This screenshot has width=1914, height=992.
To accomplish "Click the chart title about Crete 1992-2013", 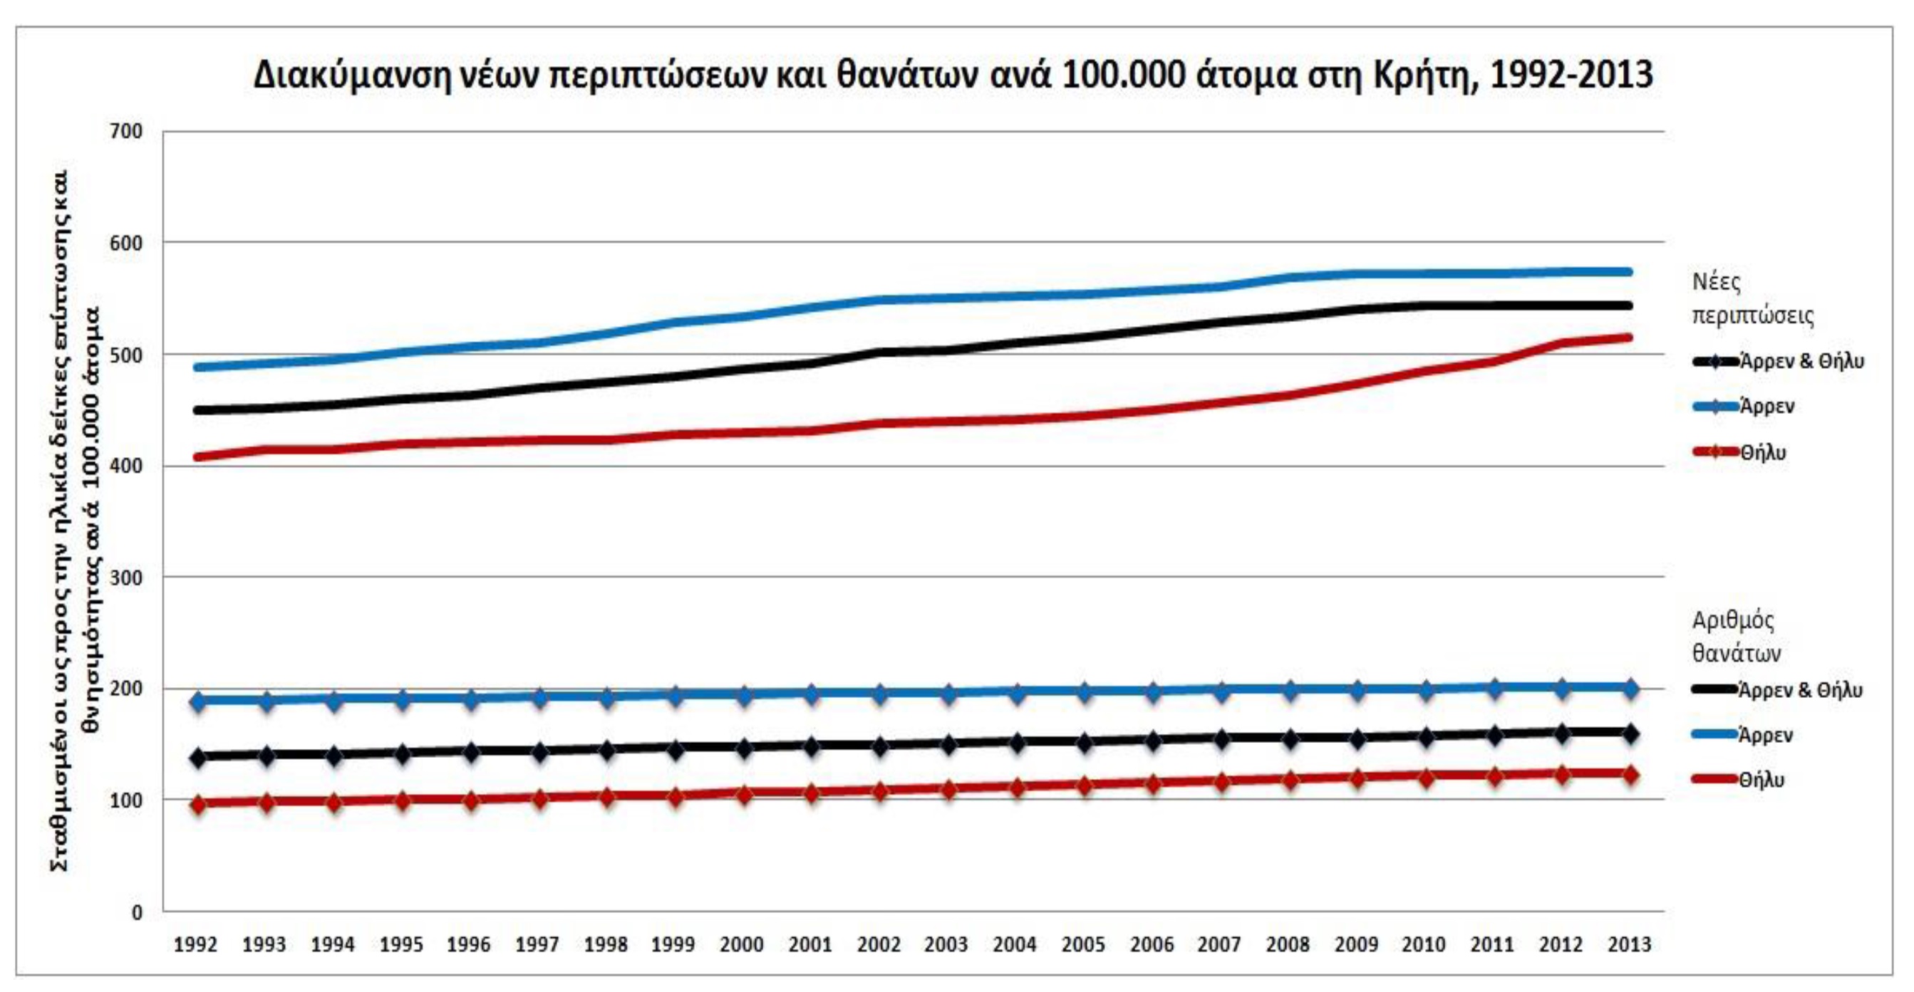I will tap(953, 75).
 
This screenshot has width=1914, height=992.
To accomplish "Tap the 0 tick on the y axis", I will tap(137, 912).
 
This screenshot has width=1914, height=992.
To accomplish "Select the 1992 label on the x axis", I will tap(195, 945).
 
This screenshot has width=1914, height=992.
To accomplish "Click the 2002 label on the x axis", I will tap(878, 945).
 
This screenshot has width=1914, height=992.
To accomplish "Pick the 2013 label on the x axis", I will tap(1630, 945).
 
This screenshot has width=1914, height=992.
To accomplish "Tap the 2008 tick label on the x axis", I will tap(1288, 945).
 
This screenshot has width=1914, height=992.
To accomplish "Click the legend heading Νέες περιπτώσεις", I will tap(1752, 298).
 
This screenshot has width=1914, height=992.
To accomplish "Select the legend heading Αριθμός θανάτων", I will tap(1737, 637).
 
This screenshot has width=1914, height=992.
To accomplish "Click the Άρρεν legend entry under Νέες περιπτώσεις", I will tap(1767, 406).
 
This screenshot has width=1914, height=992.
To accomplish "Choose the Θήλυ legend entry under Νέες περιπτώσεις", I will tap(1762, 452).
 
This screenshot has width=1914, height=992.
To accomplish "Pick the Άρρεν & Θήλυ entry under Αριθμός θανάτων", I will tap(1800, 691).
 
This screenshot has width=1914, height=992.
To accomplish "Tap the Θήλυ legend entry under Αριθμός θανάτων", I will tap(1761, 780).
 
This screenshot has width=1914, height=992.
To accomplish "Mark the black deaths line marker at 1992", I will tap(197, 758).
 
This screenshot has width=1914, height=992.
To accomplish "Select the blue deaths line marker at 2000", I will tap(744, 696).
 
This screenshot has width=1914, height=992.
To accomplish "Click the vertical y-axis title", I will tap(74, 520).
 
